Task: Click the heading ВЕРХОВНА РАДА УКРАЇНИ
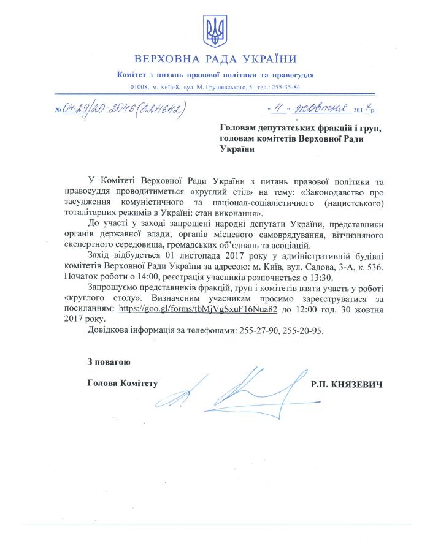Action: (215, 59)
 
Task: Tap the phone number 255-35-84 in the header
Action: (283, 88)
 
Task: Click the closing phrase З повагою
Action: (109, 362)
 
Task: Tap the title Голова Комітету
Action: (123, 384)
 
